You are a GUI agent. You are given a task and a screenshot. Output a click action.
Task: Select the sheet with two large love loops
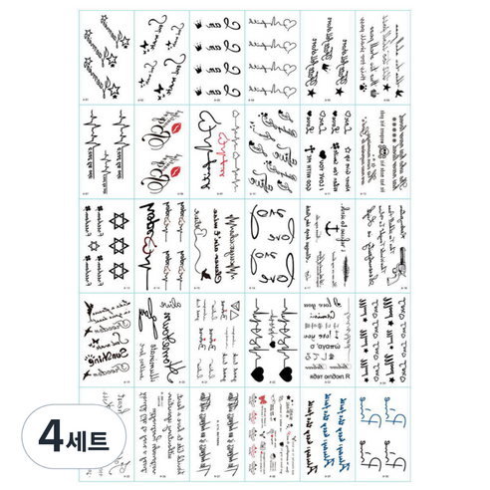268,244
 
